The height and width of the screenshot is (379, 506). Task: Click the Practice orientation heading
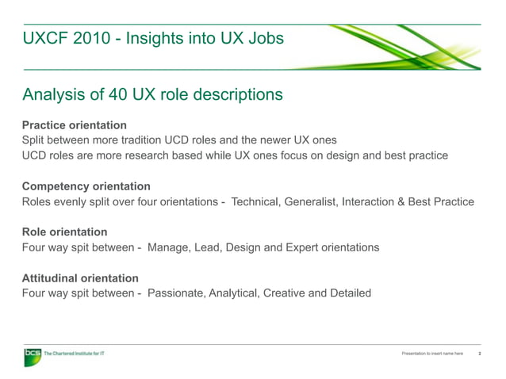click(75, 125)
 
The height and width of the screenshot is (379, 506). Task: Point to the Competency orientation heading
click(86, 186)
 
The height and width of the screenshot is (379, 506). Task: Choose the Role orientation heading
click(64, 232)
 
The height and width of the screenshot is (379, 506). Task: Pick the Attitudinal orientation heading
click(80, 278)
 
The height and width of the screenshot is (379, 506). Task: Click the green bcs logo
click(33, 355)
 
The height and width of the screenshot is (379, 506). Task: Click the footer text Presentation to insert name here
click(433, 354)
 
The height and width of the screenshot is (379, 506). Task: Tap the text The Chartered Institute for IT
click(73, 353)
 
